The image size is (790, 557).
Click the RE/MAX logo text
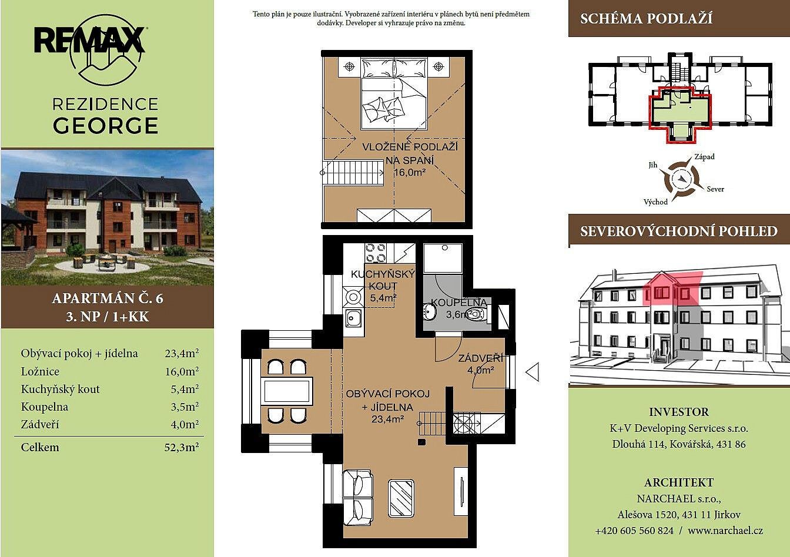click(x=89, y=40)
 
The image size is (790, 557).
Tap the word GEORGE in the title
click(x=105, y=126)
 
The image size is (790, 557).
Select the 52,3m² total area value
click(x=181, y=447)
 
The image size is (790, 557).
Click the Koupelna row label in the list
click(x=45, y=407)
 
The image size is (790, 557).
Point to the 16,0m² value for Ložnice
click(x=182, y=371)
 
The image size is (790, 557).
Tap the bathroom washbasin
click(x=429, y=311)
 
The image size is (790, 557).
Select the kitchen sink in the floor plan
click(x=353, y=318)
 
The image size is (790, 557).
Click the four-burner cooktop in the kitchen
click(x=376, y=253)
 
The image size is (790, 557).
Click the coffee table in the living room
click(x=401, y=498)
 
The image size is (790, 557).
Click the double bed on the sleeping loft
click(x=394, y=94)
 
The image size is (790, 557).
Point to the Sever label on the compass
click(x=715, y=189)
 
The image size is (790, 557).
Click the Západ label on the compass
click(x=704, y=156)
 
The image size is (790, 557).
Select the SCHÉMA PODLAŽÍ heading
click(x=646, y=19)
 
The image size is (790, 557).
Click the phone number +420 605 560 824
click(x=634, y=531)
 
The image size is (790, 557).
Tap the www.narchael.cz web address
click(x=725, y=531)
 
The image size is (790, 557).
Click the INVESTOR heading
click(x=679, y=412)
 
